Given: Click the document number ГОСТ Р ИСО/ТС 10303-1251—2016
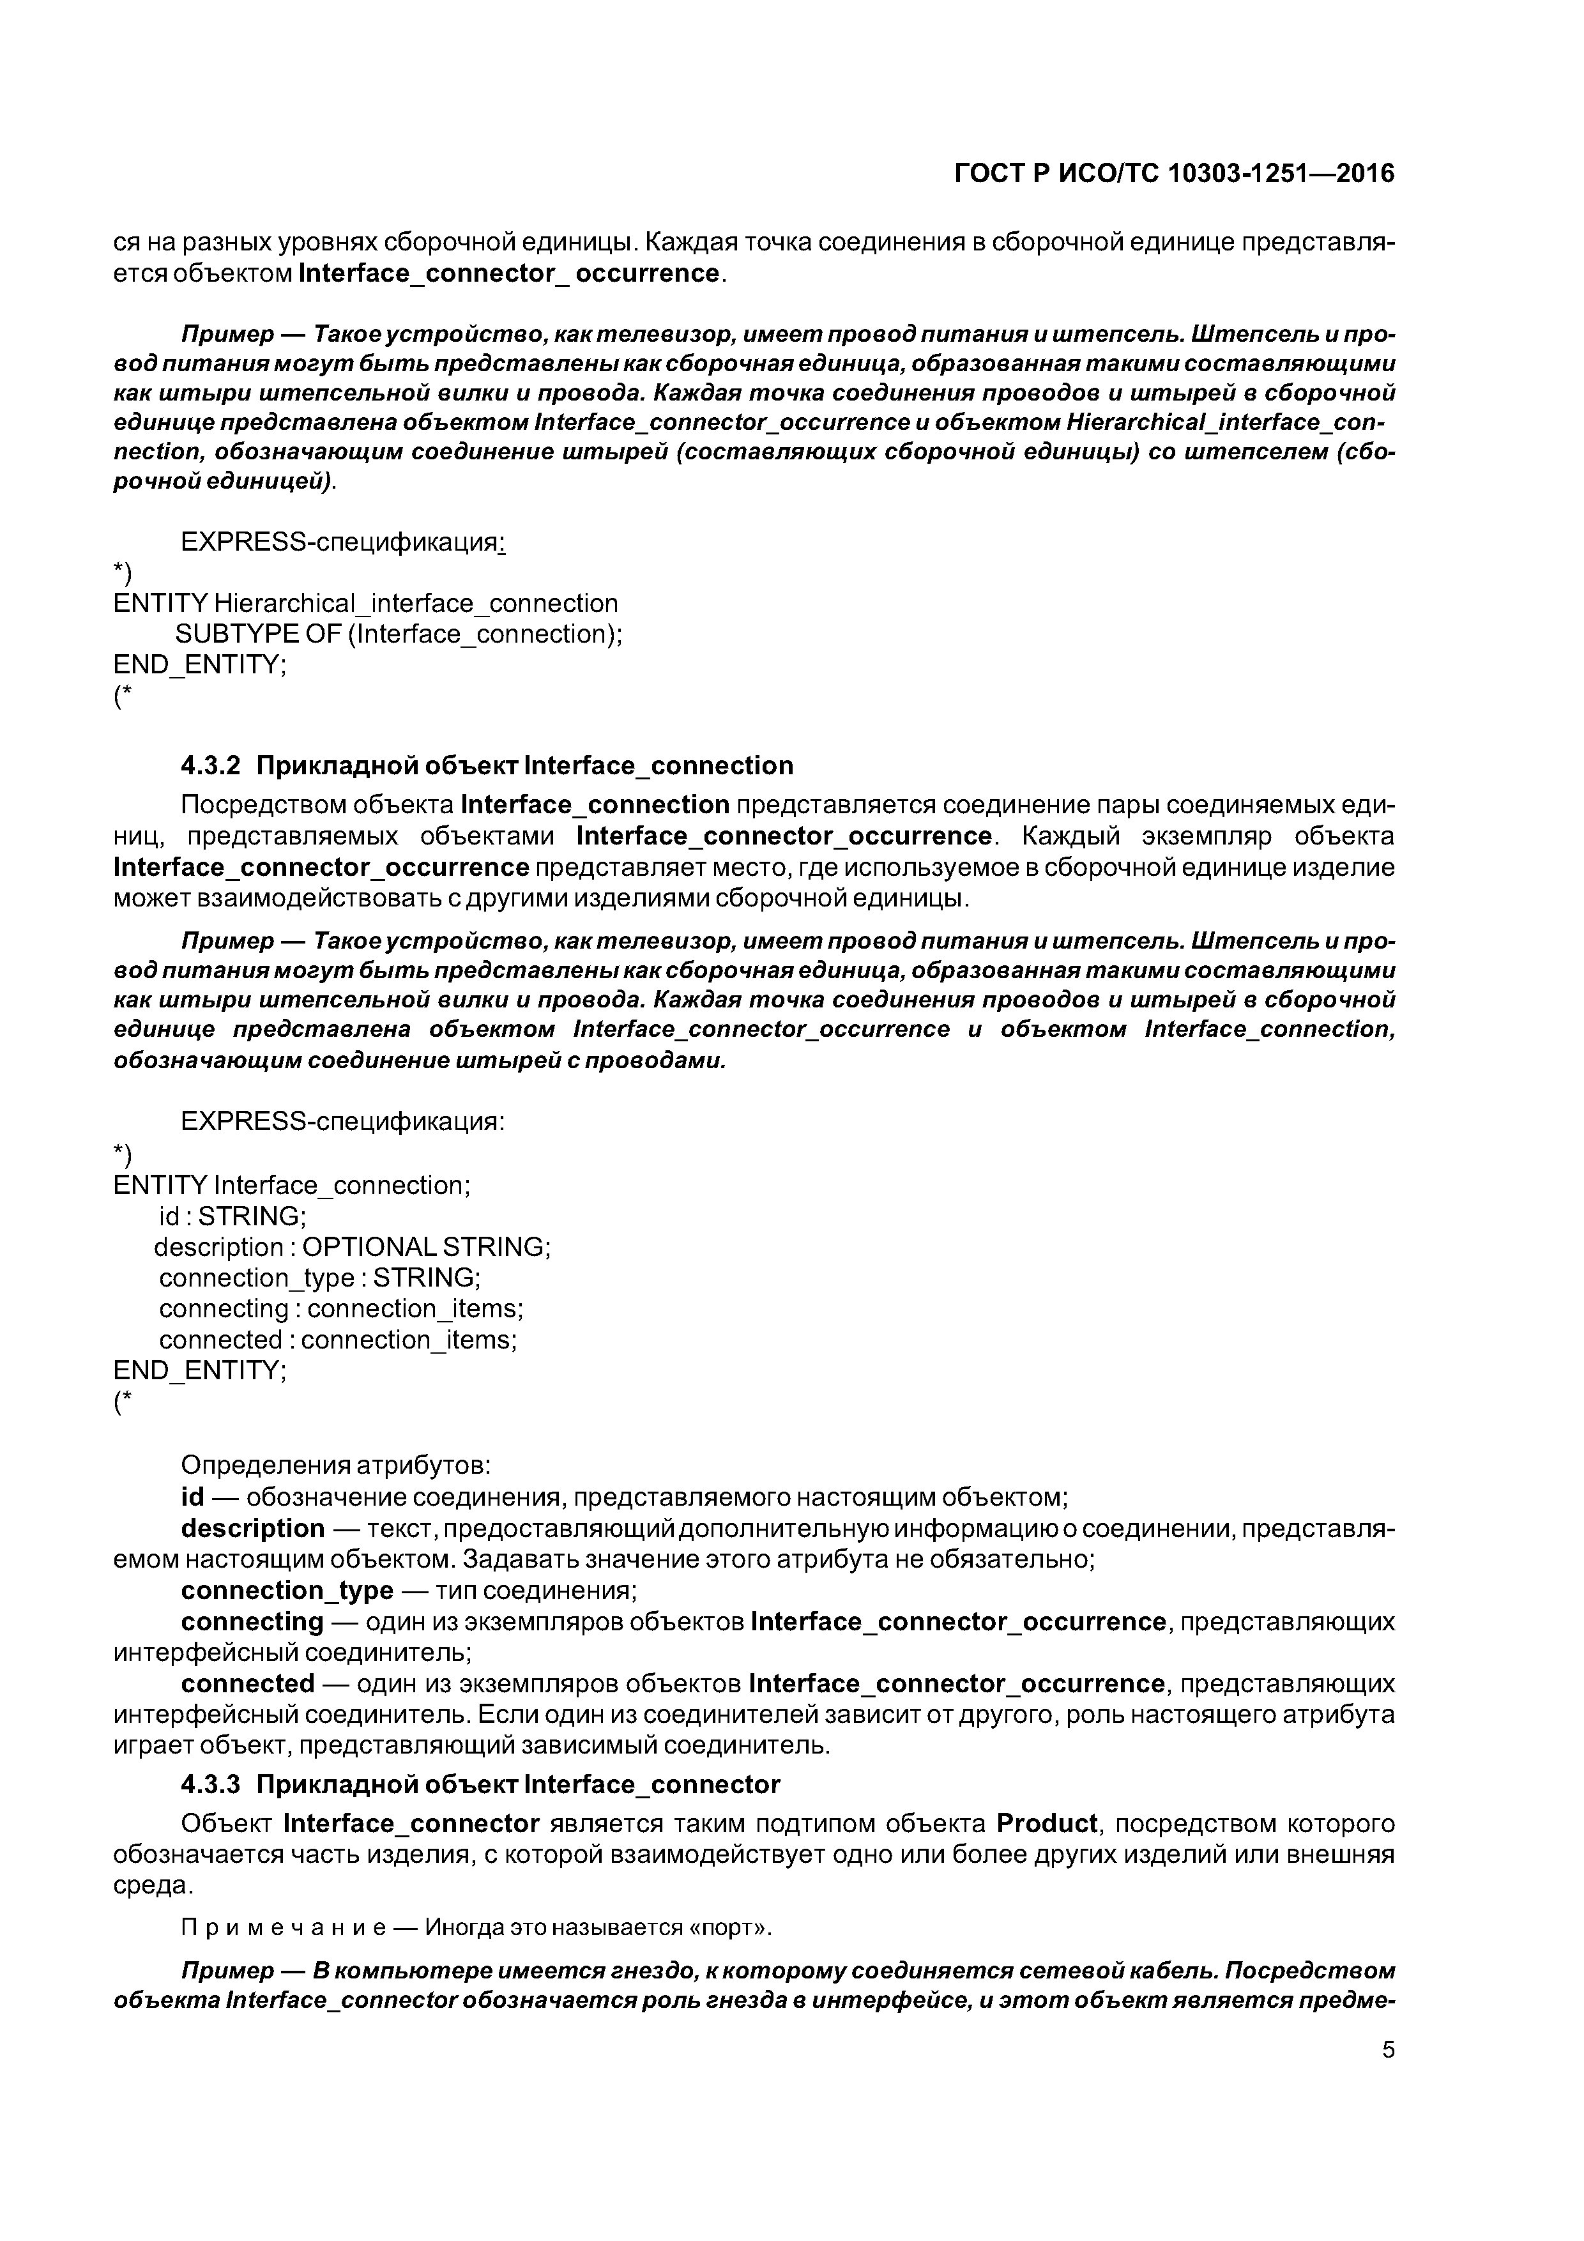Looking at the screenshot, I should point(1174,174).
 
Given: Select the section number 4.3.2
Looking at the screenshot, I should point(210,765).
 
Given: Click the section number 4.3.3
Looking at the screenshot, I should point(210,1784).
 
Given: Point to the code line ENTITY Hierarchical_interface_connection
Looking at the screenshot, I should point(366,603).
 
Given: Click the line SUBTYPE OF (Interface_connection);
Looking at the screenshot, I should point(398,634).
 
